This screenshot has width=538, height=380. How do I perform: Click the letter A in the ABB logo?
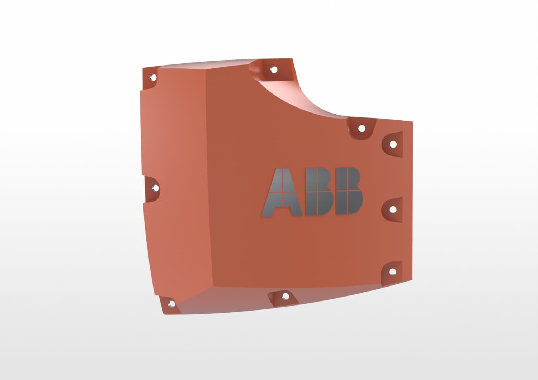click(x=282, y=192)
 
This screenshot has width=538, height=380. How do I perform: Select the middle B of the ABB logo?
click(x=319, y=191)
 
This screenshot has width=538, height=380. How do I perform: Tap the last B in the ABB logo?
click(x=349, y=191)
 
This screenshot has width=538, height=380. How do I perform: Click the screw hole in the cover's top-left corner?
click(x=153, y=77)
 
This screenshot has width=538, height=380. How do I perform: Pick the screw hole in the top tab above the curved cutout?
click(x=274, y=70)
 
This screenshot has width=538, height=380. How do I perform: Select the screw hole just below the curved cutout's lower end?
click(x=362, y=129)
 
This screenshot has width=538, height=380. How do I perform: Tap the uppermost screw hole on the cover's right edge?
click(x=393, y=144)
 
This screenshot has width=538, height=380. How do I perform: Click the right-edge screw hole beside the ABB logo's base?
click(x=393, y=210)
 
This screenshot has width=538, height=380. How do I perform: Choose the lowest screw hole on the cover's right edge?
click(x=393, y=272)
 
